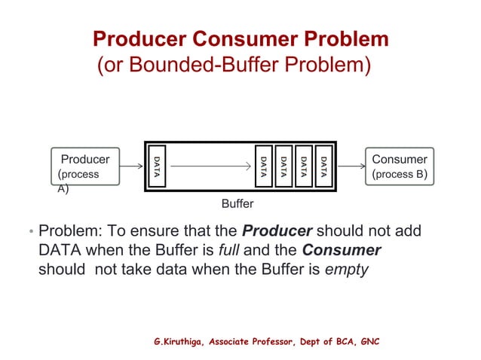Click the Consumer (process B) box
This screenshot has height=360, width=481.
pyautogui.click(x=400, y=167)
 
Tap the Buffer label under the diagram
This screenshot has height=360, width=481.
pyautogui.click(x=237, y=204)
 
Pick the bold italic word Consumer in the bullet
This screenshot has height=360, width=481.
pyautogui.click(x=342, y=250)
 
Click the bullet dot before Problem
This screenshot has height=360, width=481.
pyautogui.click(x=31, y=232)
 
